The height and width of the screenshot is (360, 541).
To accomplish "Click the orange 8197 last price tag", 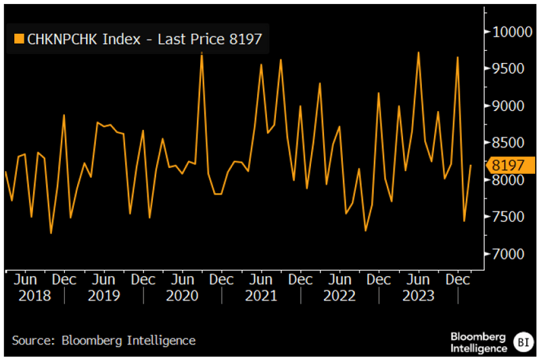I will point(511,165).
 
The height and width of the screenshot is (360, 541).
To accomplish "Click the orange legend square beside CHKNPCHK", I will point(18,39).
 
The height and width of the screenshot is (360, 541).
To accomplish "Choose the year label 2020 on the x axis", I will point(182,296).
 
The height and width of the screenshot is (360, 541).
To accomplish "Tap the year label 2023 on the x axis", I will point(418,296).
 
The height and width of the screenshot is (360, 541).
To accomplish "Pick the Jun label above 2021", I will point(260,279).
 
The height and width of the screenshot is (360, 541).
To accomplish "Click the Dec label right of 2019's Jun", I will point(143,279).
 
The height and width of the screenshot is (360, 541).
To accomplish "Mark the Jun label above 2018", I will point(25,279).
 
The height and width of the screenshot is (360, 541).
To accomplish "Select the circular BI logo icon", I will point(523,340).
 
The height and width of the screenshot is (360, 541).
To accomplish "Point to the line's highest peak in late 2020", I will point(202,53).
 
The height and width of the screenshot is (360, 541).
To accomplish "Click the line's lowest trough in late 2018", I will point(51,233).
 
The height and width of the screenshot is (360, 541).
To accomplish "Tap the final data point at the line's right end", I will point(471,165).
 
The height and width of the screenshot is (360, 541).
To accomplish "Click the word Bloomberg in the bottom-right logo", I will point(479,335).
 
